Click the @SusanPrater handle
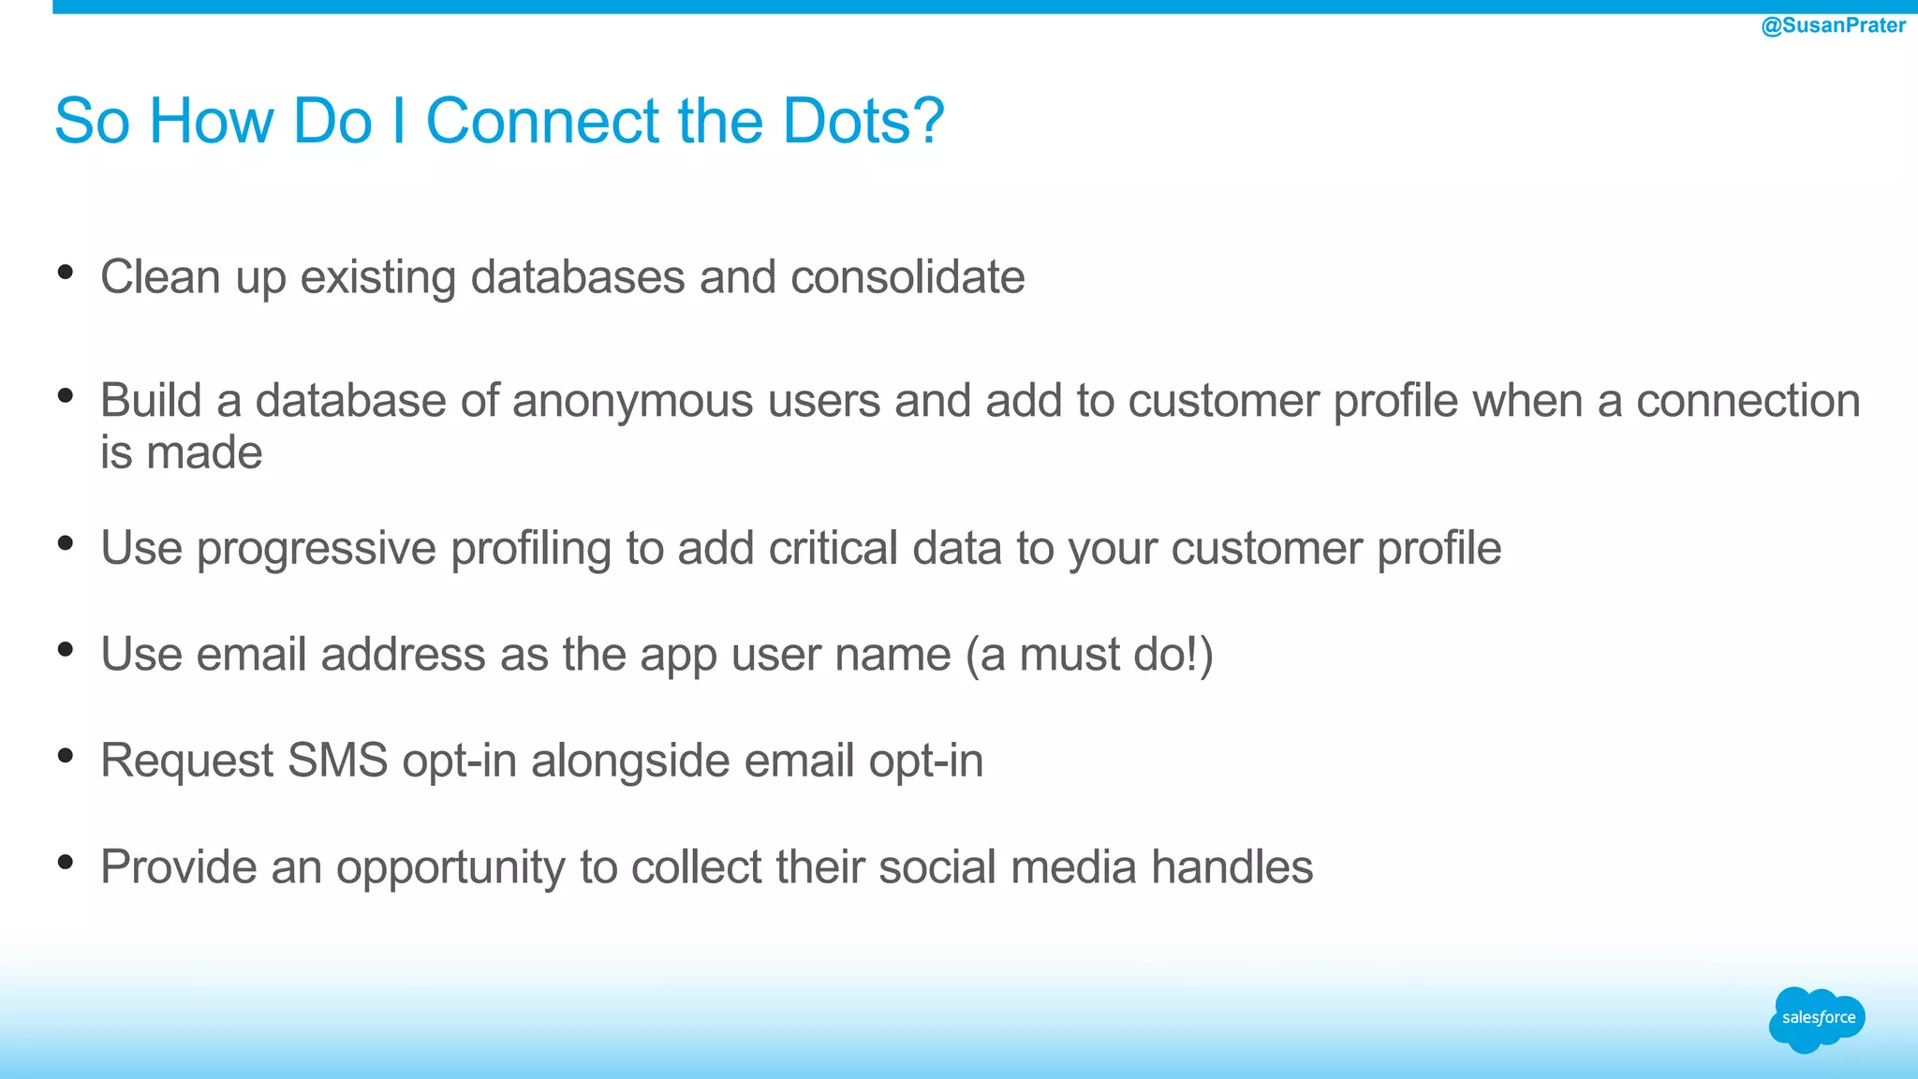click(x=1833, y=25)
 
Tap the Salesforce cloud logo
click(x=1817, y=1019)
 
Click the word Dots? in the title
click(x=863, y=121)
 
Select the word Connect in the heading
click(x=542, y=121)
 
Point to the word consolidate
click(x=907, y=277)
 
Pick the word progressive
click(x=316, y=549)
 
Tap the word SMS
click(x=337, y=760)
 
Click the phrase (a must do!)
click(x=1089, y=654)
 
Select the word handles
click(x=1232, y=866)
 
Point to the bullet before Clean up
click(x=66, y=273)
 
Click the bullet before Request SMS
click(x=66, y=755)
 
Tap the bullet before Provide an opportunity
click(x=66, y=862)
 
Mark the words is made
click(x=182, y=453)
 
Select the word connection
click(x=1748, y=401)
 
